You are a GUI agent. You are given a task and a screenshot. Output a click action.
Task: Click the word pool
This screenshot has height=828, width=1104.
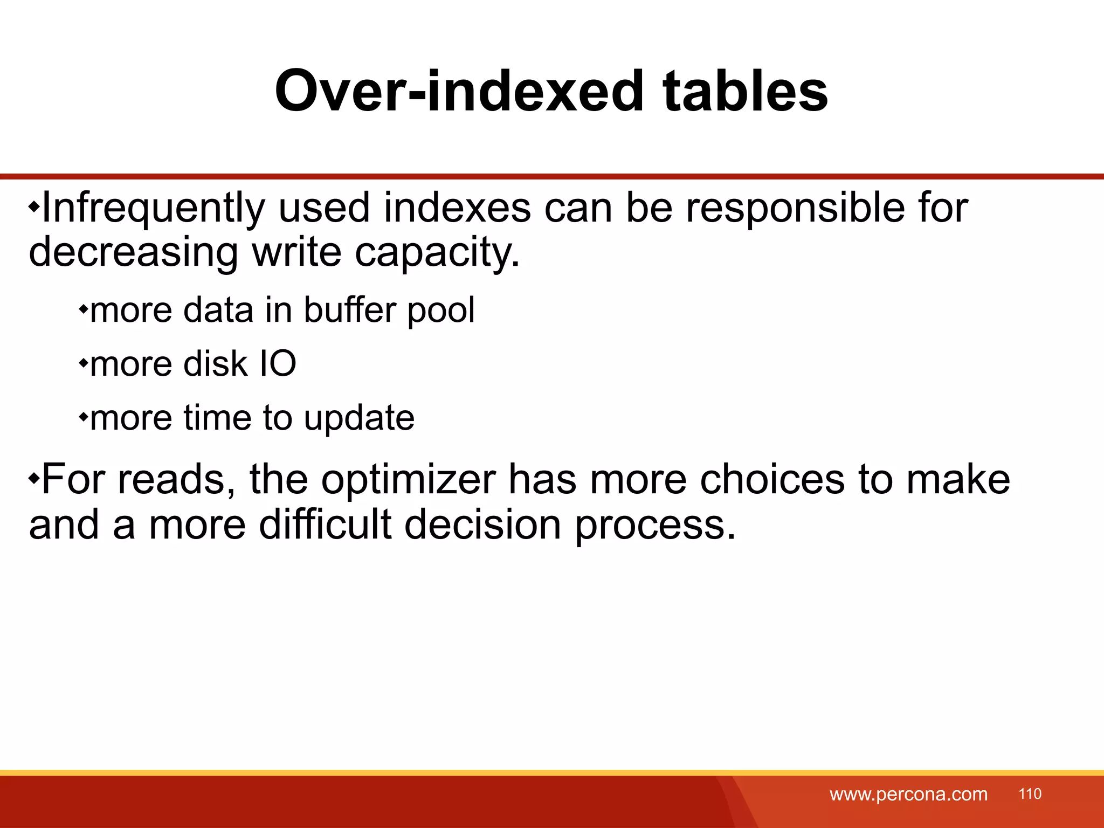(441, 312)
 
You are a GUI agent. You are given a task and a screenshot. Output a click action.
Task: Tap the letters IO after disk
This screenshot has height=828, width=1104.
(278, 364)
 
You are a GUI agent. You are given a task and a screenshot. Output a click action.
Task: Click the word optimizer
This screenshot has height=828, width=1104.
(408, 480)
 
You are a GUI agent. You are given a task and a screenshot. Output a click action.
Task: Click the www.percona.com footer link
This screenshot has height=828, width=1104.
(908, 794)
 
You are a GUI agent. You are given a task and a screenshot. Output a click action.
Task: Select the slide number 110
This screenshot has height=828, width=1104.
(1030, 793)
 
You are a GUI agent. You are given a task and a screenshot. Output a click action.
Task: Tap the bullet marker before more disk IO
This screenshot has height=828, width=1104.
(83, 362)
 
